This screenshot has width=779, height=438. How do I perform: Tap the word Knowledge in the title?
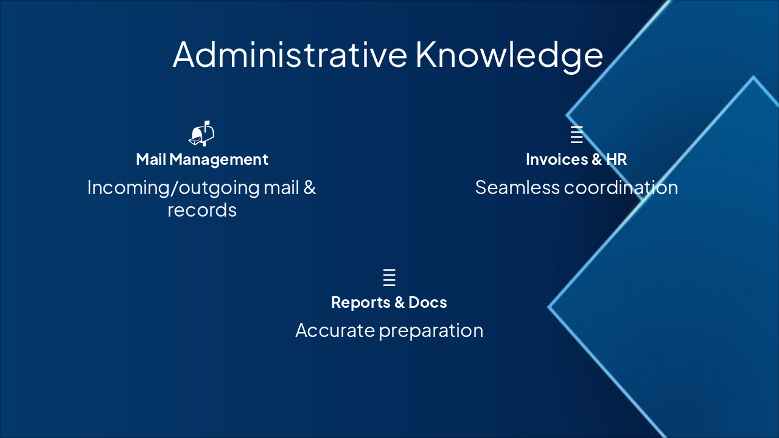[x=509, y=55]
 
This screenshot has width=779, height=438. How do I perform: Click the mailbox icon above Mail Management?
[x=202, y=133]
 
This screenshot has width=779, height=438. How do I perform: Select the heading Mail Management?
[x=202, y=159]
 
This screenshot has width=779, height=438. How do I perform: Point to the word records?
[x=202, y=210]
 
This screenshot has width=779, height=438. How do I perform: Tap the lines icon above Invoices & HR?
[x=576, y=134]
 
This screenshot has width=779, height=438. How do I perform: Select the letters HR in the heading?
[x=617, y=159]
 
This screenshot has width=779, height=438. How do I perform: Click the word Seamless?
[x=517, y=187]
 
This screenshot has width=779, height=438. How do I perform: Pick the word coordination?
[x=621, y=187]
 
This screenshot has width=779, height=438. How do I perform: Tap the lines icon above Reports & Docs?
[x=389, y=277]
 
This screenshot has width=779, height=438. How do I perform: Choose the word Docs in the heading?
[x=428, y=302]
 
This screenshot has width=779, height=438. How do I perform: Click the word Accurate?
[x=335, y=330]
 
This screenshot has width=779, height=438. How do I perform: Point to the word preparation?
[x=431, y=331]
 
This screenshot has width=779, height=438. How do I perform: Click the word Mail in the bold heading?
[x=151, y=159]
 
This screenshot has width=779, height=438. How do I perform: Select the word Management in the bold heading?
[x=218, y=159]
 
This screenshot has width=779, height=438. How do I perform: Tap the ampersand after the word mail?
[x=310, y=187]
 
